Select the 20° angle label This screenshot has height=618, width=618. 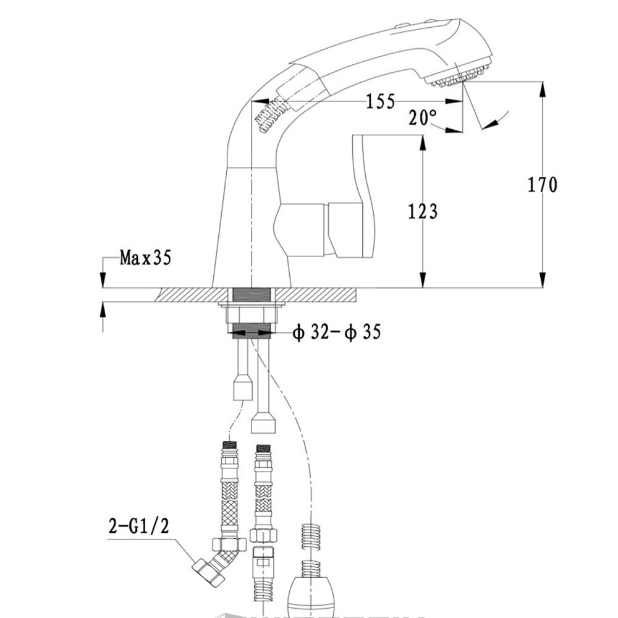(422, 117)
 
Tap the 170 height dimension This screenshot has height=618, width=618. (542, 184)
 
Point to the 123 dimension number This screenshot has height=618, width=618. (423, 211)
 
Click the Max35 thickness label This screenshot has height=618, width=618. (145, 257)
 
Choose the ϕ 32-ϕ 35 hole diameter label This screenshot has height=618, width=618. (336, 332)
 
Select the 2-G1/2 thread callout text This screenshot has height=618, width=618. (138, 526)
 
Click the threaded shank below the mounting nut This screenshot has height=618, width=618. (252, 331)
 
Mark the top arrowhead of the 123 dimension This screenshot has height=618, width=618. (423, 142)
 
